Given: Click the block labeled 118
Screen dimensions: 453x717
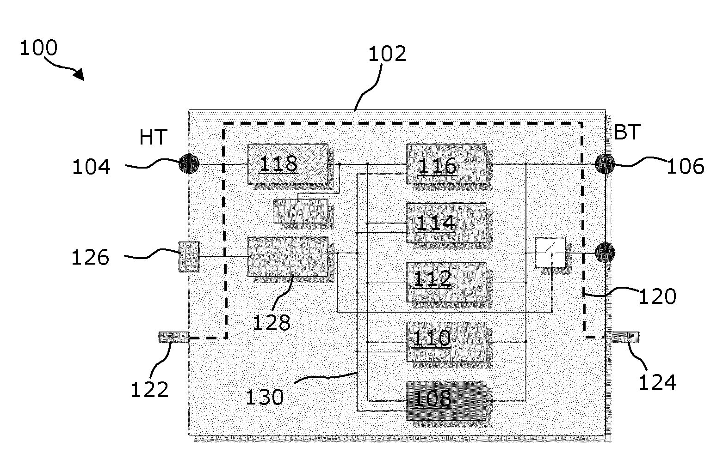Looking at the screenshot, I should coord(288,163).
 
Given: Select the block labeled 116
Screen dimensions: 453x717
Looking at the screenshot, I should coord(446,163).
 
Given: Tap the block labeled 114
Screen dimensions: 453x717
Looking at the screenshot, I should coord(446,223).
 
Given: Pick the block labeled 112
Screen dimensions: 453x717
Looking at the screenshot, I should coord(446,282).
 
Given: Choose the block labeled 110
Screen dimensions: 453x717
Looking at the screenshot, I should coord(446,341).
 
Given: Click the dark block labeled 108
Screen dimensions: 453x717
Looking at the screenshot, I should coord(446,400).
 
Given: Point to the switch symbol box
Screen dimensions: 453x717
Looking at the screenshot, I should coord(550,253).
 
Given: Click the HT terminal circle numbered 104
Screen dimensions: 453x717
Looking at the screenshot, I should coord(189,163).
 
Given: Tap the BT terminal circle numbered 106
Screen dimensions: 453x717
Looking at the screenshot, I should coord(605,164).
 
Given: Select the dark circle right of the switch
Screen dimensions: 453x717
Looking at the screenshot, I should coord(605,253).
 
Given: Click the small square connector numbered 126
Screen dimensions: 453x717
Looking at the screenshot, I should coord(189,257).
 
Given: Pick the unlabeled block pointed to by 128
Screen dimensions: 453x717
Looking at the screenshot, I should coord(288,257).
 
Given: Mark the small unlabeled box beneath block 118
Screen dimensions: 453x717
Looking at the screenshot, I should coord(301,211).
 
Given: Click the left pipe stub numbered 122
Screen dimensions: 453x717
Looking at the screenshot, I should coord(173,338).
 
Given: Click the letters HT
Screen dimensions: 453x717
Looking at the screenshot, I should coord(153,137).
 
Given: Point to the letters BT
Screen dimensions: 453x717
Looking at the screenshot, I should coord(627,133).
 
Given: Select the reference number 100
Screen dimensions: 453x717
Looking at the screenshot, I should coord(38,48).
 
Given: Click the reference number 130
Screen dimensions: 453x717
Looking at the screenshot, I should coord(264,397).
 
